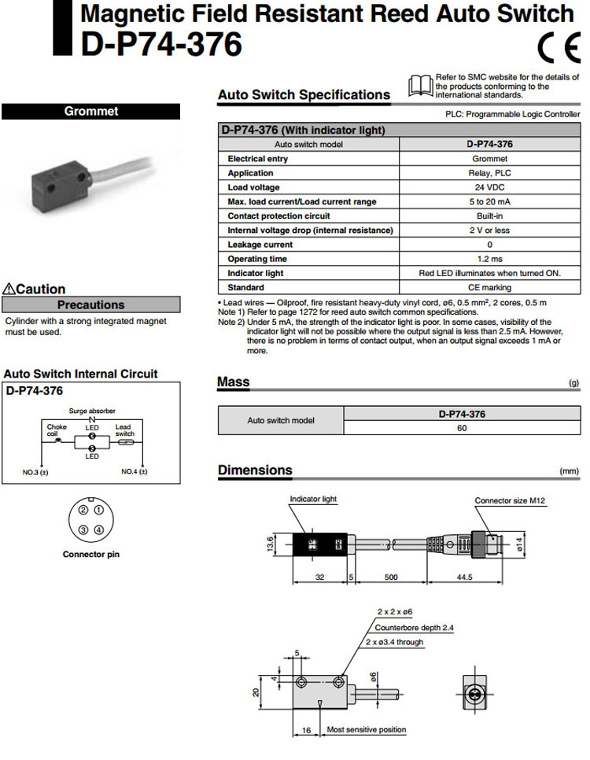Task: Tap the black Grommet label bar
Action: tap(90, 111)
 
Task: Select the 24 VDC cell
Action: tap(489, 187)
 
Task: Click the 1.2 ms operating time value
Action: tap(489, 259)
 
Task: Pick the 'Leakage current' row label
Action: tap(260, 245)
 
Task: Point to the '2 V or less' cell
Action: tap(489, 231)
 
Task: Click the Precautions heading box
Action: tap(90, 304)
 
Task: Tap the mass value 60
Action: tap(462, 428)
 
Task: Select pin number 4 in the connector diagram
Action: tap(98, 529)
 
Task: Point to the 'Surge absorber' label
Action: tap(93, 411)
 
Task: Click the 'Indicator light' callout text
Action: tap(313, 499)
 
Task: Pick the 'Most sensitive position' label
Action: tap(367, 729)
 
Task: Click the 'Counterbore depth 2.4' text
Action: tap(415, 627)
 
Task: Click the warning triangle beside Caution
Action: tap(9, 289)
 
